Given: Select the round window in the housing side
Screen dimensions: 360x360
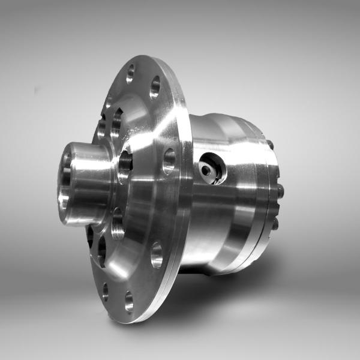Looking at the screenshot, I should click(x=212, y=167).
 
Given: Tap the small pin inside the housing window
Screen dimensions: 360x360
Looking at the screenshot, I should click(x=206, y=170).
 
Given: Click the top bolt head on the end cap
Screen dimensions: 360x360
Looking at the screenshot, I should click(x=271, y=145).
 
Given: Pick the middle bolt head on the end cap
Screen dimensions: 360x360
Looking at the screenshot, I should click(x=280, y=191).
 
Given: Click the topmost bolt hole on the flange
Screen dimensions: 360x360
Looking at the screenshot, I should click(x=130, y=74).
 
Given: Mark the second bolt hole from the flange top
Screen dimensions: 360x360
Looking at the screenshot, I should click(x=155, y=87).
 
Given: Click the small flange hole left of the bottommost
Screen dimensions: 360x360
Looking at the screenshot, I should click(x=106, y=292).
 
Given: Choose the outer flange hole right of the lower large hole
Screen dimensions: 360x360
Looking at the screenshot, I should click(x=157, y=254).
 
